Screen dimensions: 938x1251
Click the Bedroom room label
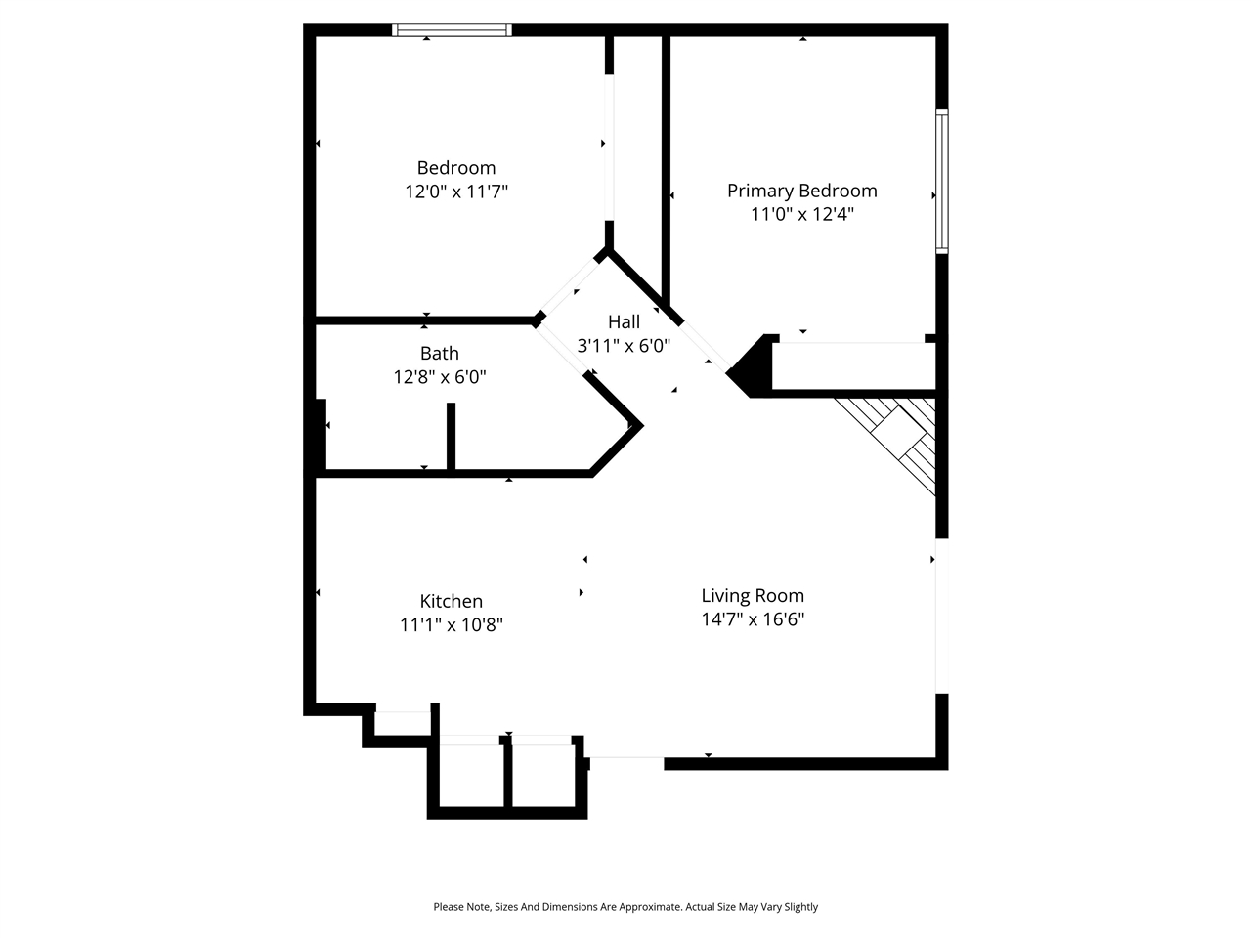tap(455, 168)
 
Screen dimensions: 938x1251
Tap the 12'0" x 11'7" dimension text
tap(455, 192)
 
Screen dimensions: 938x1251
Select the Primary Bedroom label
tap(801, 191)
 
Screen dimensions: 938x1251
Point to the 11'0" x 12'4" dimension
tap(801, 214)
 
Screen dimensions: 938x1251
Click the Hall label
tap(624, 321)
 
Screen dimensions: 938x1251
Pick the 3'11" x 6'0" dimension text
tap(624, 345)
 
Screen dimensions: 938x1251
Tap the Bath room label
tap(439, 353)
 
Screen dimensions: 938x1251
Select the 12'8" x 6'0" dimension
tap(439, 376)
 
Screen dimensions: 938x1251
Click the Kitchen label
tap(451, 601)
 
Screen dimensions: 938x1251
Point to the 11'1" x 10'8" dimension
tap(451, 624)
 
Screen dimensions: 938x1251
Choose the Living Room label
tap(753, 595)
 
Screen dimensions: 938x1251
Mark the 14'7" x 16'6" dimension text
tap(753, 618)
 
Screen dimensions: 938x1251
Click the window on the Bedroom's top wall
tap(452, 30)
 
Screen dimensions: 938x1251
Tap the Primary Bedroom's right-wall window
tap(941, 182)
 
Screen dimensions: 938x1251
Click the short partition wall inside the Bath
tap(451, 438)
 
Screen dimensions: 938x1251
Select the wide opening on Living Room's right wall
tap(941, 616)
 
